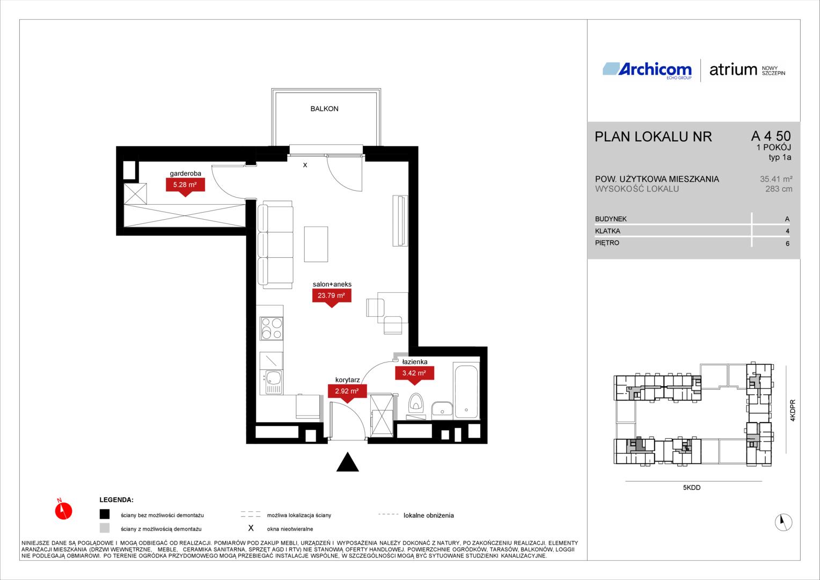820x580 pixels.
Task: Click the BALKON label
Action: (x=324, y=109)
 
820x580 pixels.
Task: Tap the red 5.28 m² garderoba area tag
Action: (x=185, y=186)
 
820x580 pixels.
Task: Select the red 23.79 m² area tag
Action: (x=332, y=296)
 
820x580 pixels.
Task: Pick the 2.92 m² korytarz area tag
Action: (x=347, y=392)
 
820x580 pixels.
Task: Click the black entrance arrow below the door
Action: (x=347, y=462)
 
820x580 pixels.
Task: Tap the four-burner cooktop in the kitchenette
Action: (x=271, y=328)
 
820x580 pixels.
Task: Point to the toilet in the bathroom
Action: (x=415, y=403)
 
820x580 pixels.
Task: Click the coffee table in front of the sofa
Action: (x=316, y=244)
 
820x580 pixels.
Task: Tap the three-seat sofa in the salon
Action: (x=275, y=245)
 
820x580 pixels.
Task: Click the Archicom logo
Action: (x=647, y=70)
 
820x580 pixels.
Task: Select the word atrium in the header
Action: (x=733, y=70)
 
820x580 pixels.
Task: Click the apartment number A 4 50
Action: (x=771, y=136)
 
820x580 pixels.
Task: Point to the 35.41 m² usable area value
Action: (x=776, y=179)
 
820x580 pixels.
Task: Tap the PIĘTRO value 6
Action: (x=787, y=244)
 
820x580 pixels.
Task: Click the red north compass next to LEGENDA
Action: (x=63, y=510)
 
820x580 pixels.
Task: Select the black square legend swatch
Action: (x=105, y=514)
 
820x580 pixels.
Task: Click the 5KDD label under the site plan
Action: (x=692, y=488)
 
